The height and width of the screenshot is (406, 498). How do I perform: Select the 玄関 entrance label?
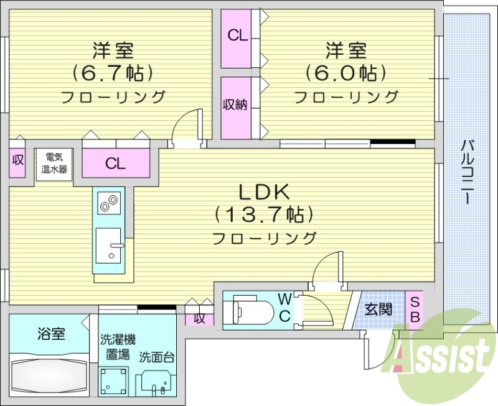tap(378, 309)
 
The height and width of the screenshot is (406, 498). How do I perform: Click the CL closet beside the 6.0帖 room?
tap(237, 36)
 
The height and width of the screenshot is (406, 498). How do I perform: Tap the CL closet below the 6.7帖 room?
tap(116, 164)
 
